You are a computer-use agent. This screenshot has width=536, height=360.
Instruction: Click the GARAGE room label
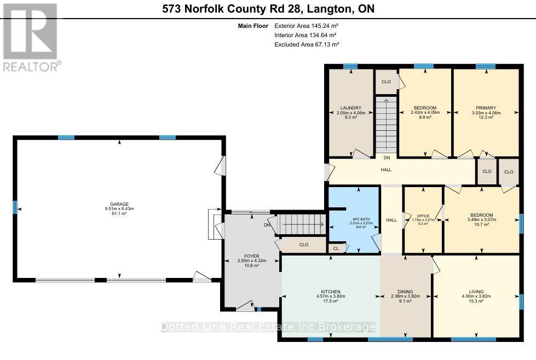click(x=119, y=204)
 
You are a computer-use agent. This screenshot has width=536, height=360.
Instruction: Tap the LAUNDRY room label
click(x=350, y=107)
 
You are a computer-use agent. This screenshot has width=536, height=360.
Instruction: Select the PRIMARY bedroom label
click(x=486, y=108)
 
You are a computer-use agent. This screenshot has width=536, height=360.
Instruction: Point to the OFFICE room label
click(x=422, y=216)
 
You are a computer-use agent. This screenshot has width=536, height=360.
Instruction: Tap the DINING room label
click(x=406, y=292)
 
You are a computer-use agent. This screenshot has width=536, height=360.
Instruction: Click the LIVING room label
click(x=476, y=292)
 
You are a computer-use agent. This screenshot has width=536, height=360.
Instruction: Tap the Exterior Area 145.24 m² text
click(x=307, y=26)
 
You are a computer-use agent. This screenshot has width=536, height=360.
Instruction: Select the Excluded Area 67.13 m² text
click(x=307, y=45)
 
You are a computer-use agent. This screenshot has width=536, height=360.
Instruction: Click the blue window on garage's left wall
click(x=15, y=207)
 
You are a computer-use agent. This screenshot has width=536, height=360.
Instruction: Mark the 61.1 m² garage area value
click(x=119, y=213)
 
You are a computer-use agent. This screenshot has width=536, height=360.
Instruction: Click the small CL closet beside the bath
click(x=336, y=248)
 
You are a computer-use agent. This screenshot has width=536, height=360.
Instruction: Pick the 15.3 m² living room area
click(x=476, y=301)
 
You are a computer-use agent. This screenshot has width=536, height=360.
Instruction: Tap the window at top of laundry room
click(x=350, y=67)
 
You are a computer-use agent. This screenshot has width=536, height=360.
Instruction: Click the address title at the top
click(x=268, y=9)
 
